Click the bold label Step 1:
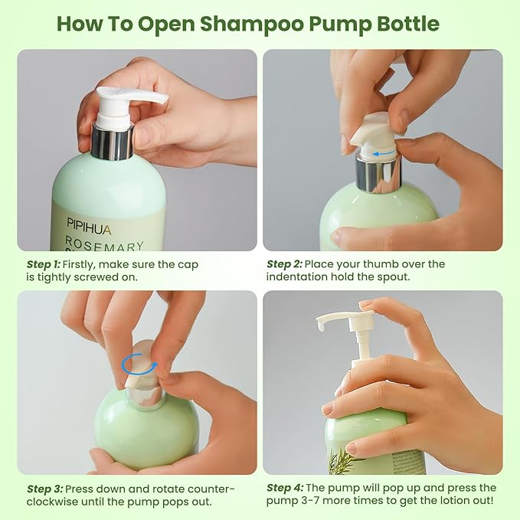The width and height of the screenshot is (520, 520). pos(44,264)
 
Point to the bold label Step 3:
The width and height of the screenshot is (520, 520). pos(44,489)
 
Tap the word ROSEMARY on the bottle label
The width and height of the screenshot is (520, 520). pos(103,245)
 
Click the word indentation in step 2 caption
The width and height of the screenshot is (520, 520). pos(299,276)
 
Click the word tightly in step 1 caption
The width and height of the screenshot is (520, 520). pos(56,276)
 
